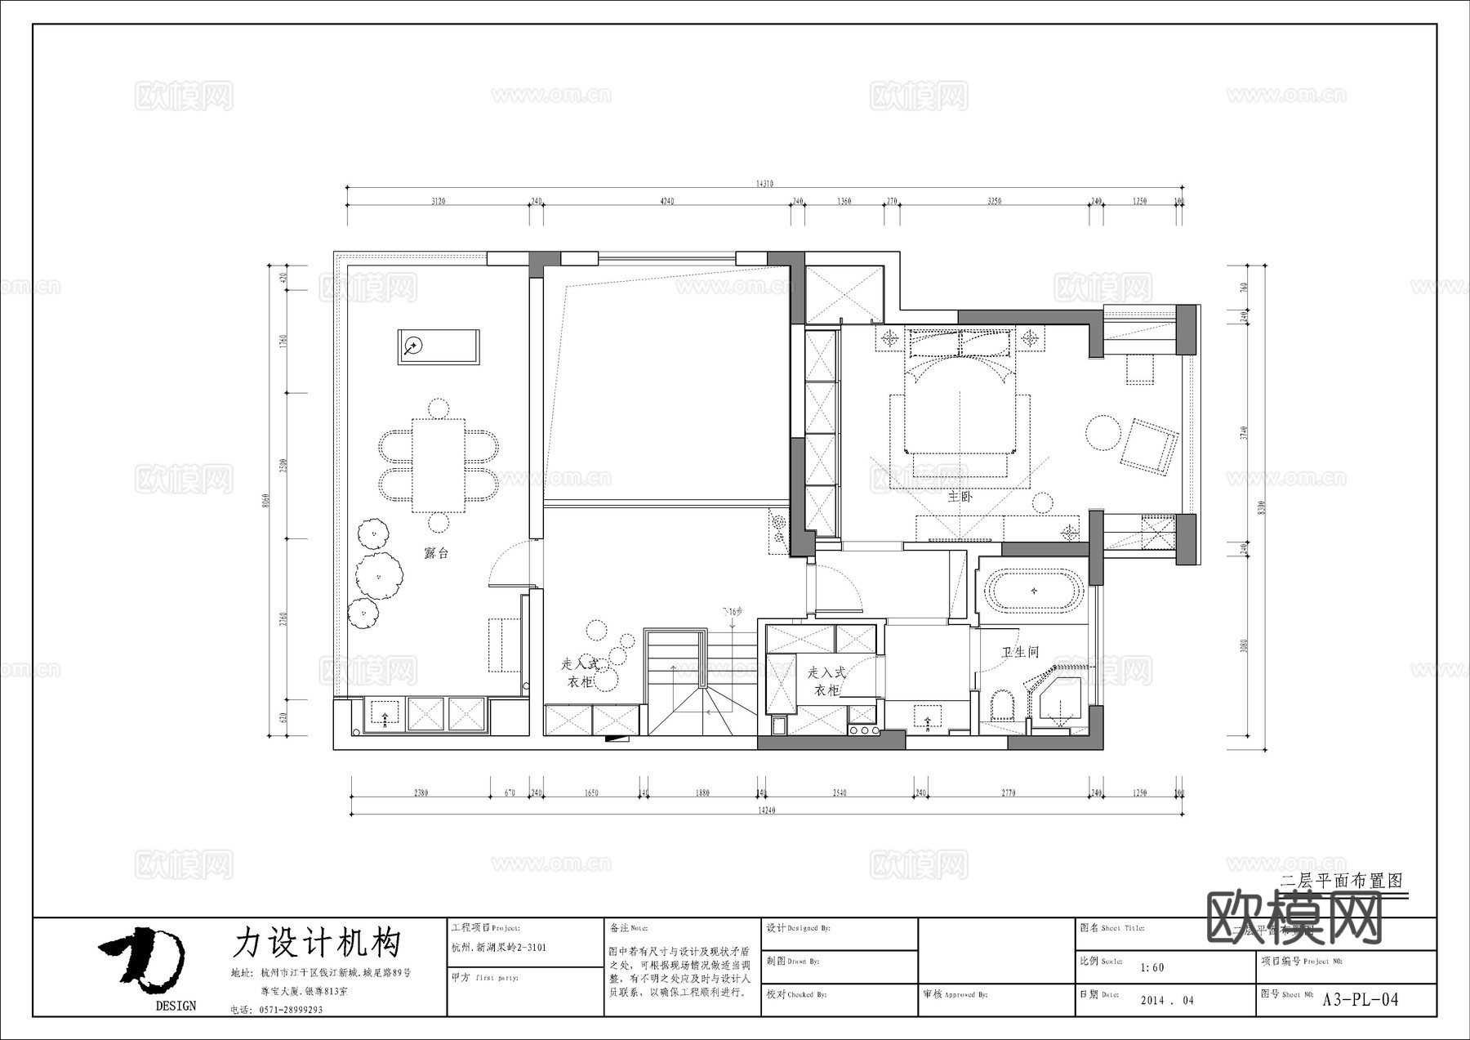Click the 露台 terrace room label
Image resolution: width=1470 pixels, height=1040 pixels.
coord(437,553)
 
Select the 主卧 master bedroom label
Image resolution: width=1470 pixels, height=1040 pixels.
coord(960,496)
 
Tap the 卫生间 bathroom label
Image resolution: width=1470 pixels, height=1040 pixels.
coord(1020,652)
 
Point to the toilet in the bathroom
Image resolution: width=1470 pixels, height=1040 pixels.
coord(1000,705)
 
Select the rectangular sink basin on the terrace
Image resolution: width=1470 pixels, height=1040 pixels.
coord(439,347)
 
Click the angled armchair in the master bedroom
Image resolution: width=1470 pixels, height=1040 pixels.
coord(1149,446)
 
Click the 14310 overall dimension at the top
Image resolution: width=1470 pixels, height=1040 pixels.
coord(764,185)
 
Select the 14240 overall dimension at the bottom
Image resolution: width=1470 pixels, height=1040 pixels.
coord(766,810)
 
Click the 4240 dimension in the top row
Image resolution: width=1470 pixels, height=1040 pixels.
coord(666,201)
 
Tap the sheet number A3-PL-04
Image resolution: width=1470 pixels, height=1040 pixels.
coord(1360,999)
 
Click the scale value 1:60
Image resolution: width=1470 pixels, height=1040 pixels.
coord(1152,967)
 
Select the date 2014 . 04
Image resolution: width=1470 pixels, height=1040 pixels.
coord(1167,1000)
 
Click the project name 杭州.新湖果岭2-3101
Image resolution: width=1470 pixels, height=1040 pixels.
coord(499,948)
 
